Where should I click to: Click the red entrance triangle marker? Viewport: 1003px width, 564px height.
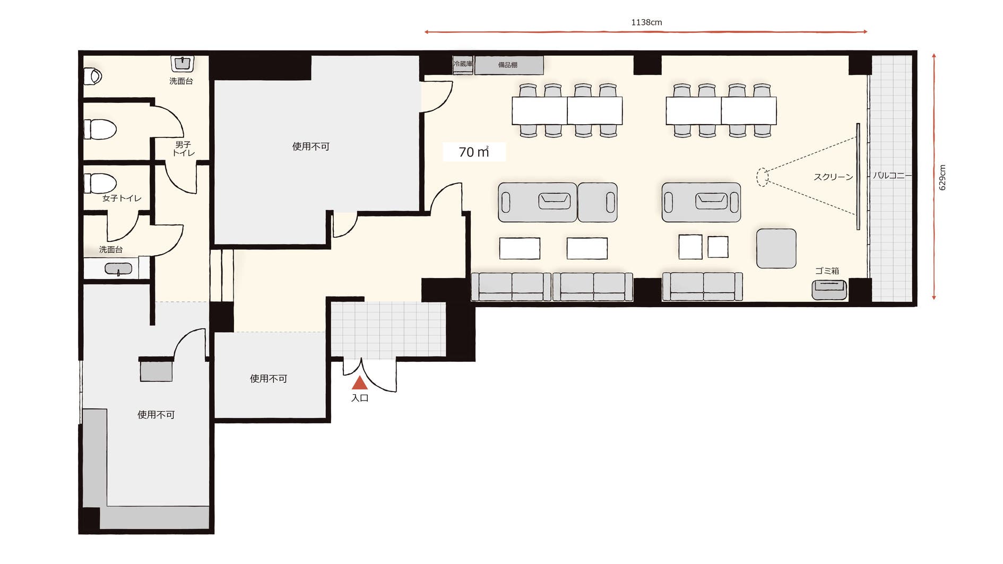coord(360,383)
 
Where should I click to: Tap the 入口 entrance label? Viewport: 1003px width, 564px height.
coord(360,398)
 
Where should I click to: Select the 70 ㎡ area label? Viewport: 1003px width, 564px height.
coord(474,152)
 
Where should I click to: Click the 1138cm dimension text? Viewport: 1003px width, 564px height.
coord(646,22)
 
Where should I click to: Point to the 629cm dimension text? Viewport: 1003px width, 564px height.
coord(942,177)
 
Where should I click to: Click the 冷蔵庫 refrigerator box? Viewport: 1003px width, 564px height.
coord(463,65)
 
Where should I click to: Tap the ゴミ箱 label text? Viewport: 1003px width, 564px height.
coord(827,271)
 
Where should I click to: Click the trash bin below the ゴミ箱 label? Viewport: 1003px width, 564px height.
coord(829,290)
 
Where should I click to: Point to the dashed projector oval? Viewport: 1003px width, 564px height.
coord(762,177)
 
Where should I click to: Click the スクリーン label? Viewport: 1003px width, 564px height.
coord(833,177)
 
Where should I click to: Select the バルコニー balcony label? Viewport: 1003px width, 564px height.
coord(892,175)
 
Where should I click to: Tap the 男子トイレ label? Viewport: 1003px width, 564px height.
coord(184,149)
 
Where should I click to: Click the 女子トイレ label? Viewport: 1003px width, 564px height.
coord(122,198)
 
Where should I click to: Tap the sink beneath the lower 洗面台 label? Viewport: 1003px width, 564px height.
coord(118,269)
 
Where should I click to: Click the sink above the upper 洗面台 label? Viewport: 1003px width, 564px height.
coord(183,64)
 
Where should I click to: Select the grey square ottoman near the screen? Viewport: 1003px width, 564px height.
coord(776,248)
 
